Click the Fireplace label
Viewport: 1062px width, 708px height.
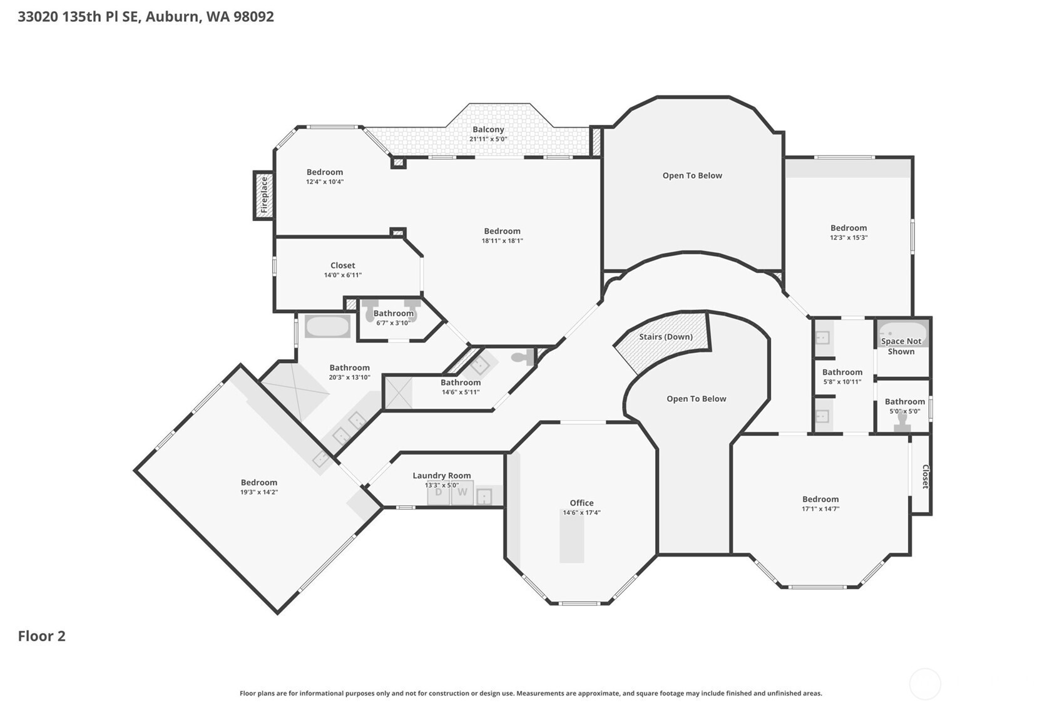(264, 195)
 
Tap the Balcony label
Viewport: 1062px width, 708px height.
(488, 130)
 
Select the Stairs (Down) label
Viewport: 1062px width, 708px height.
(666, 337)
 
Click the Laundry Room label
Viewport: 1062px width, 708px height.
(441, 475)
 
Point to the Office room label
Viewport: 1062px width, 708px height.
(581, 503)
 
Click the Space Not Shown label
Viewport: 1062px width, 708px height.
(901, 346)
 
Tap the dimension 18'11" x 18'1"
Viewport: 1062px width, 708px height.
(502, 240)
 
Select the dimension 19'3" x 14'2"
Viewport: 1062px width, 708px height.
(259, 492)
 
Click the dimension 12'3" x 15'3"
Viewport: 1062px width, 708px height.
(848, 238)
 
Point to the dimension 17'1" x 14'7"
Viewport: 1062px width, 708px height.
(820, 509)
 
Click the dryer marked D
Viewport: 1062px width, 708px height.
(438, 493)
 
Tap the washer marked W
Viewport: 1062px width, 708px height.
(462, 493)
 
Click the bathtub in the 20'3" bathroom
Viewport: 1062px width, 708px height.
(327, 326)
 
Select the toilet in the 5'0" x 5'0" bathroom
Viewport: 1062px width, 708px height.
(902, 422)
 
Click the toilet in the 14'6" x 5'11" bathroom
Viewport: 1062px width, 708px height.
(523, 357)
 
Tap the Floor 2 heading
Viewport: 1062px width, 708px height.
(42, 636)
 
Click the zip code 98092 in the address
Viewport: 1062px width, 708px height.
(253, 17)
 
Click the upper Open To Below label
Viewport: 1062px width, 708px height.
(692, 175)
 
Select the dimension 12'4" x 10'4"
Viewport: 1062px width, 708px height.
(325, 182)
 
